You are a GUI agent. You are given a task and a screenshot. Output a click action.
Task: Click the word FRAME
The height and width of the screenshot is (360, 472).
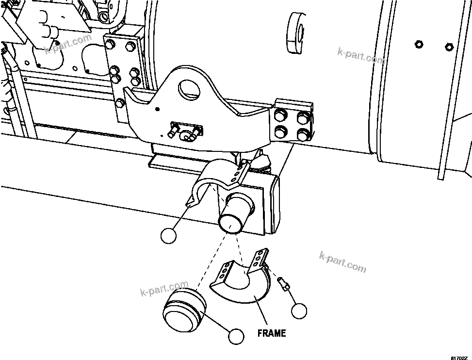(271, 333)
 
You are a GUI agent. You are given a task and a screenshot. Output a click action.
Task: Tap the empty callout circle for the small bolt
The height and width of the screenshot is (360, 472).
(299, 310)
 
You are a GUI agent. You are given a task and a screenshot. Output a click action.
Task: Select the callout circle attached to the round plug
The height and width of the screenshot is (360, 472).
(236, 335)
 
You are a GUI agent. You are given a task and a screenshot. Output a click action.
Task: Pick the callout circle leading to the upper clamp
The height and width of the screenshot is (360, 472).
(169, 235)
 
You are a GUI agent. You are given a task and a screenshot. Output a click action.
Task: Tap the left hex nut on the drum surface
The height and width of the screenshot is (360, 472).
(417, 45)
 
